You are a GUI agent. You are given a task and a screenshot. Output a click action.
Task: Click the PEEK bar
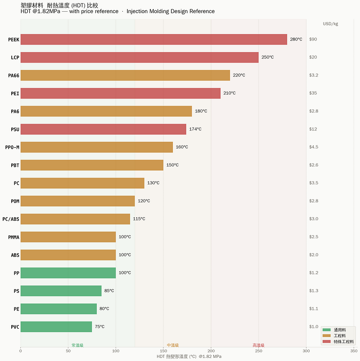coord(154,40)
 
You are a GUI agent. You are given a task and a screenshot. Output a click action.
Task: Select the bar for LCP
coord(139,58)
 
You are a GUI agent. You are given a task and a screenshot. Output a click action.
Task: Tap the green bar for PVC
coord(56,327)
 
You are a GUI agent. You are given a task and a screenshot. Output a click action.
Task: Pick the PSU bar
coord(103,129)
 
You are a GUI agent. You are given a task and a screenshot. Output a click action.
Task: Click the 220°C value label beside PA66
coord(239,75)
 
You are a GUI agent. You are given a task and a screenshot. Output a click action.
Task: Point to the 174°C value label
coord(195,129)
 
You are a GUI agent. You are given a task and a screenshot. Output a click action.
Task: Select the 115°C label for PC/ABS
coord(139,219)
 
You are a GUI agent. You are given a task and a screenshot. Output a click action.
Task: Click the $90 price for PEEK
coord(313,39)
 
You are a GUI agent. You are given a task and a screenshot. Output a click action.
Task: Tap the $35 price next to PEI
coord(313,93)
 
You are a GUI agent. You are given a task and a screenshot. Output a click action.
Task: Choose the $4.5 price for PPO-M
coord(314,147)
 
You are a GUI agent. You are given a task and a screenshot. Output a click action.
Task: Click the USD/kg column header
coord(330,24)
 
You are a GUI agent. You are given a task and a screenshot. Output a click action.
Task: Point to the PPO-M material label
coord(12,147)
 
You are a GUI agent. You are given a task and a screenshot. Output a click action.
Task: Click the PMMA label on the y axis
coord(14,237)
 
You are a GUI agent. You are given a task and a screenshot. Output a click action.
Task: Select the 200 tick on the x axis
coord(211,351)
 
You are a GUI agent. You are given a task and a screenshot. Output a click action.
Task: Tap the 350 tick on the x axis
coord(354,351)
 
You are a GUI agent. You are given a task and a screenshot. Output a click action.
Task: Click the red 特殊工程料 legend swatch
coord(327,341)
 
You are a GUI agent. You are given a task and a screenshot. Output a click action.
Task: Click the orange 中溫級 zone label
coord(173,345)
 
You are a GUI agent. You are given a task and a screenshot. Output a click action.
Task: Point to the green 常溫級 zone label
coord(77,345)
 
